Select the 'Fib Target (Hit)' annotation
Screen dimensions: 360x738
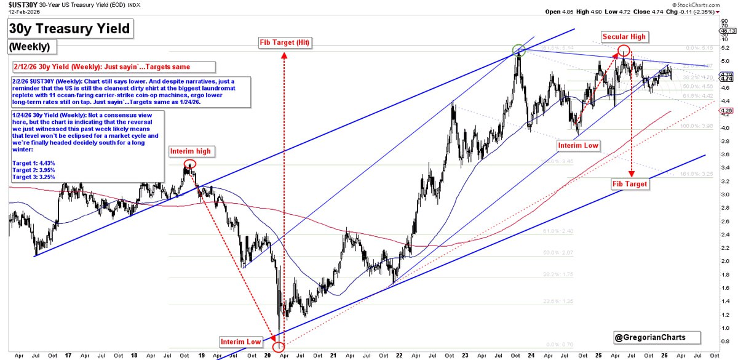[284, 42]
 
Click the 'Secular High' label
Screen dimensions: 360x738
[624, 37]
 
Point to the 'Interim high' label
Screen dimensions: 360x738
[189, 151]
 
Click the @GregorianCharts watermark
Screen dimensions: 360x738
[656, 337]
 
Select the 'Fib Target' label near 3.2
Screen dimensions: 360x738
[631, 184]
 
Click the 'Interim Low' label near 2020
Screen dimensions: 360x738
[241, 341]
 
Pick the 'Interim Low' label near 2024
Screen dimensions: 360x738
[577, 146]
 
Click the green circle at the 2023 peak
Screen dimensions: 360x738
[518, 49]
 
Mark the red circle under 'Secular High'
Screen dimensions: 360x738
[624, 50]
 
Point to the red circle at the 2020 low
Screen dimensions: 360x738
[279, 348]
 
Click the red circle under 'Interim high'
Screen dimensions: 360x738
[190, 164]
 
